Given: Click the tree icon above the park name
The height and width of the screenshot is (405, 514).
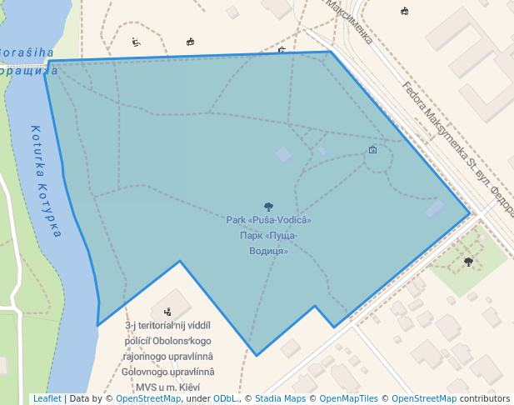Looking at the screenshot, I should (x=268, y=207).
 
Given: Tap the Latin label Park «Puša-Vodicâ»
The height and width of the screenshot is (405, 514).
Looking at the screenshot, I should (x=268, y=220).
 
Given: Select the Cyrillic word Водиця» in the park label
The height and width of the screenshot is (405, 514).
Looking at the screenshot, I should (x=268, y=250).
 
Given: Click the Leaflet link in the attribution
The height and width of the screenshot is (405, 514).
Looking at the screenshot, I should (x=47, y=398).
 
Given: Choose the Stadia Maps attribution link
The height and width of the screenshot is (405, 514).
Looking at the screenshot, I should (x=279, y=398).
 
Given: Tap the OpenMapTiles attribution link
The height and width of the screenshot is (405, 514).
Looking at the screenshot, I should (x=348, y=398).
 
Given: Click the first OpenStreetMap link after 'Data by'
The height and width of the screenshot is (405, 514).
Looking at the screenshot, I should (x=147, y=398).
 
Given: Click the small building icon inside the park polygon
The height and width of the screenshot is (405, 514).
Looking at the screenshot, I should (x=372, y=150).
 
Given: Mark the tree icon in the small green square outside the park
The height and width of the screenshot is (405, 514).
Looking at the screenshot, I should (x=468, y=262).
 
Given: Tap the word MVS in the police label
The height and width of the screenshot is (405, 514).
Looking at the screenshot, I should (x=148, y=387).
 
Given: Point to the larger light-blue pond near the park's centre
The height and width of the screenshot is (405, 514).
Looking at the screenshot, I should (x=284, y=154).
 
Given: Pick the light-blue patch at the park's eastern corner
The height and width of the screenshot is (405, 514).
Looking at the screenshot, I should (x=435, y=208).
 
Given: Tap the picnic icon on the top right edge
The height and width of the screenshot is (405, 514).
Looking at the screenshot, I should (x=404, y=11).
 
